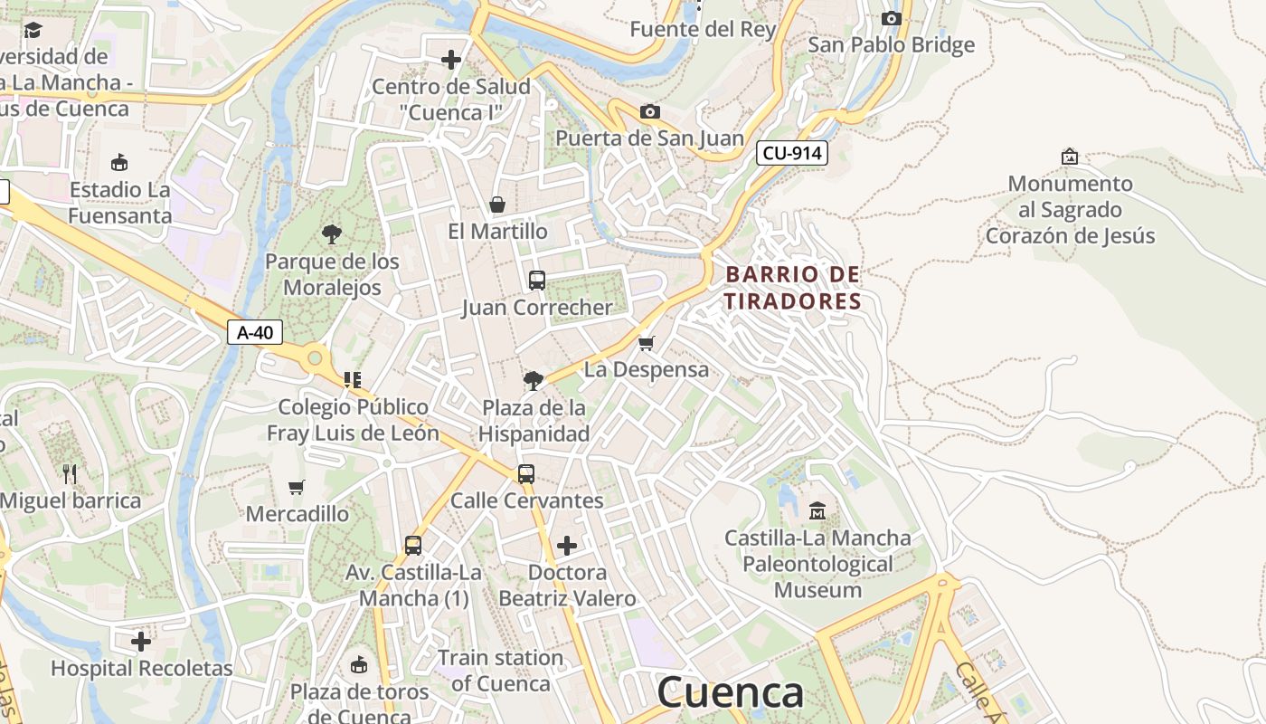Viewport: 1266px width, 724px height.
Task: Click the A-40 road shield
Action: tap(254, 332)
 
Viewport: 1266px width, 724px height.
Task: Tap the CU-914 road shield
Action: tap(792, 153)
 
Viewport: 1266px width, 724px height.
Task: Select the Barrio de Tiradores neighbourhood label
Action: tap(793, 287)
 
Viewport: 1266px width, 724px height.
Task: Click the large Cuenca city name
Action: tap(730, 692)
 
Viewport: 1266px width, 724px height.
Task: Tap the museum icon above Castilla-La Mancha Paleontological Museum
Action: tap(817, 511)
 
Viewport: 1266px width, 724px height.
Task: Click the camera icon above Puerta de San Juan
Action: tap(649, 111)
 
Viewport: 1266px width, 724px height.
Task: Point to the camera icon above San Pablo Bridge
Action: tap(891, 18)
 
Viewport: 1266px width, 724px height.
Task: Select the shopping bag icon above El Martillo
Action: tap(496, 204)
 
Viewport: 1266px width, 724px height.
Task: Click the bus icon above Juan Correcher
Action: tap(537, 281)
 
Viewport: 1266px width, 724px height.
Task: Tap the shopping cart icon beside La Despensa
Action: tap(646, 343)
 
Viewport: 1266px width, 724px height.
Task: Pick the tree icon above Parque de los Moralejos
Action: tap(332, 234)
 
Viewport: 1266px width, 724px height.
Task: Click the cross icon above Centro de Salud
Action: tap(450, 60)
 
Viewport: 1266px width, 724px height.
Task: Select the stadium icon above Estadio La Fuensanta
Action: tap(119, 163)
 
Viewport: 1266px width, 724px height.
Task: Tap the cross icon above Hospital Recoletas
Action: tap(141, 642)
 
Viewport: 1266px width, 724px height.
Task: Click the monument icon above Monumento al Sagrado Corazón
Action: tap(1070, 157)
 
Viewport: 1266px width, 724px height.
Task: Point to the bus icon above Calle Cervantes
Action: tap(525, 473)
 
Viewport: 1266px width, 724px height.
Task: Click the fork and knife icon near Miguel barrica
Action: tap(70, 473)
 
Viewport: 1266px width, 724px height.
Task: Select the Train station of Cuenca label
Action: tap(500, 671)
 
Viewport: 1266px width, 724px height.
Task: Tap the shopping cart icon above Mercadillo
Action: tap(296, 487)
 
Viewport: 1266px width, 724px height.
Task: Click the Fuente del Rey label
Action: tap(703, 29)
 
